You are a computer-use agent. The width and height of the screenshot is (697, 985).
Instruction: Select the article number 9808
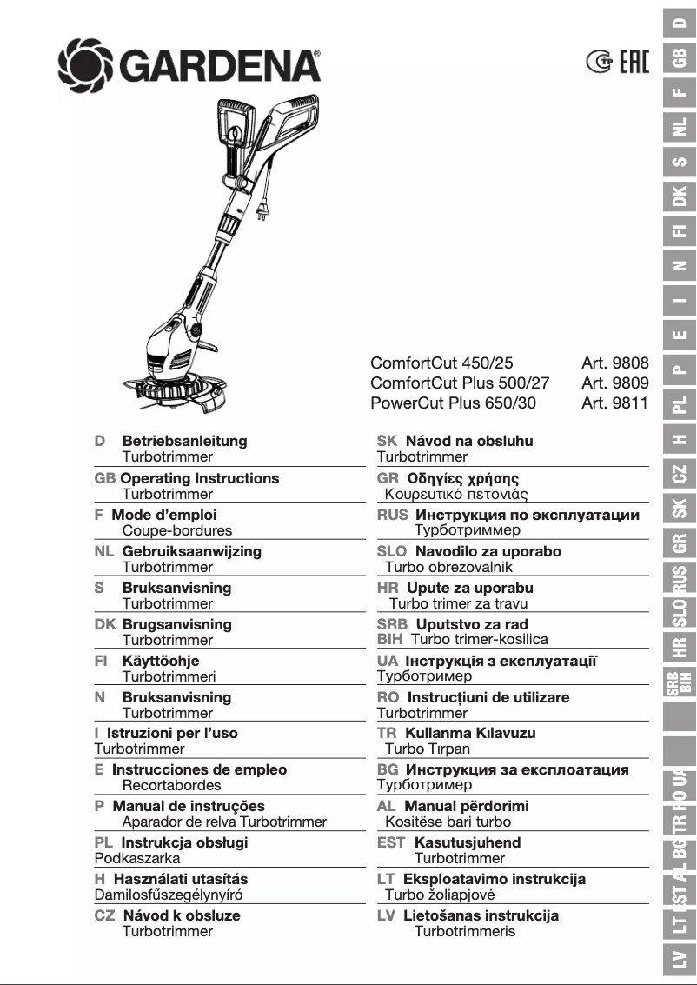[x=615, y=363]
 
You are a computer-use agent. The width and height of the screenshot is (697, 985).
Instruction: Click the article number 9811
[x=615, y=403]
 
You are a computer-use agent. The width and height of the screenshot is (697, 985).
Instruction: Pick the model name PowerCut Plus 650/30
[x=453, y=403]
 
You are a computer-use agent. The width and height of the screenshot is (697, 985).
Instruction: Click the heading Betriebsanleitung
[x=184, y=441]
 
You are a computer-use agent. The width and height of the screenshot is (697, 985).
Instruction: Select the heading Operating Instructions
[x=199, y=478]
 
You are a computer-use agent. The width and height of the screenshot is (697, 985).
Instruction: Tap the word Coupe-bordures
[x=176, y=530]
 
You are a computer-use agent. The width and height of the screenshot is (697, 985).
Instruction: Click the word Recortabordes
[x=171, y=785]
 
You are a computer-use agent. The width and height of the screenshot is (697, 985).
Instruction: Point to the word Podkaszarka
[x=137, y=858]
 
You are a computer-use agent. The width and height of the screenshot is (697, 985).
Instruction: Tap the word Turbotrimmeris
[x=464, y=931]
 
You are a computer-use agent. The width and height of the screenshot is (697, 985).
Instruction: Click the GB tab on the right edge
[x=680, y=57]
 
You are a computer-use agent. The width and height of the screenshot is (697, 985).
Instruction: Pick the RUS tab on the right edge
[x=680, y=576]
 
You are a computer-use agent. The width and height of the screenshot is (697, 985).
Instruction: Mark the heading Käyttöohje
[x=161, y=661]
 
